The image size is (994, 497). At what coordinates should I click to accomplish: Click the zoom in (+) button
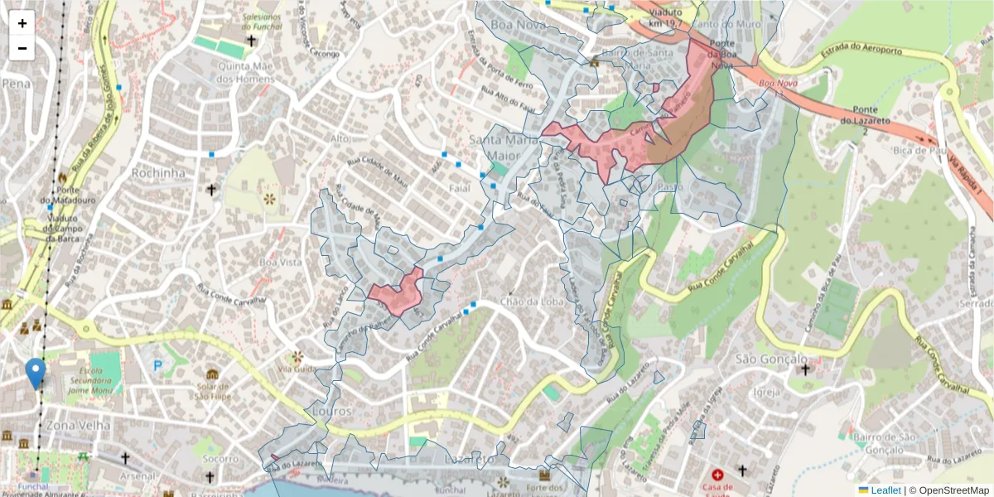pyautogui.click(x=22, y=23)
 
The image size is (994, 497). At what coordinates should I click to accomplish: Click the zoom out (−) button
pyautogui.click(x=22, y=48)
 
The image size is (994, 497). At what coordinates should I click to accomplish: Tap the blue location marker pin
pyautogui.click(x=36, y=374)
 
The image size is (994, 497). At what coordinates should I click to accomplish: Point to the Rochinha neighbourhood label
pyautogui.click(x=157, y=173)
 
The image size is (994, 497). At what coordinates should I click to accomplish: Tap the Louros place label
pyautogui.click(x=329, y=411)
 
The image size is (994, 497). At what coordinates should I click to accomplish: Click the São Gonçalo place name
pyautogui.click(x=771, y=359)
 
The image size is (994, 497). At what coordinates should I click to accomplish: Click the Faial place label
pyautogui.click(x=460, y=188)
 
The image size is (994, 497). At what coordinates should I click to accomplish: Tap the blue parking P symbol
pyautogui.click(x=157, y=365)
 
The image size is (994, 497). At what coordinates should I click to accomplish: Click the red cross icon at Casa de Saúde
pyautogui.click(x=717, y=475)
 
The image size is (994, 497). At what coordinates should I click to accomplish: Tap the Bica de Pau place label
pyautogui.click(x=922, y=151)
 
